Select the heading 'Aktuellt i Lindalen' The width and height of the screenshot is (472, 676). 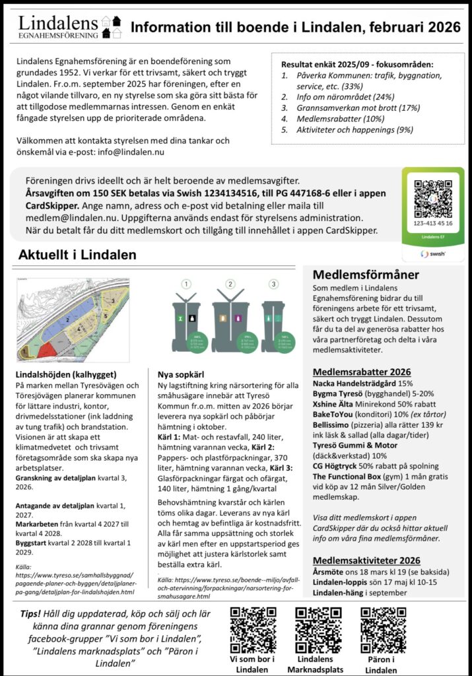click(77, 255)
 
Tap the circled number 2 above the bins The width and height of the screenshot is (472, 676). click(230, 285)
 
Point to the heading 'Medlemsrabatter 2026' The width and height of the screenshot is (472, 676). click(362, 372)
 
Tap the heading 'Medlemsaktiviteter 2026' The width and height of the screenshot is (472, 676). click(366, 560)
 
